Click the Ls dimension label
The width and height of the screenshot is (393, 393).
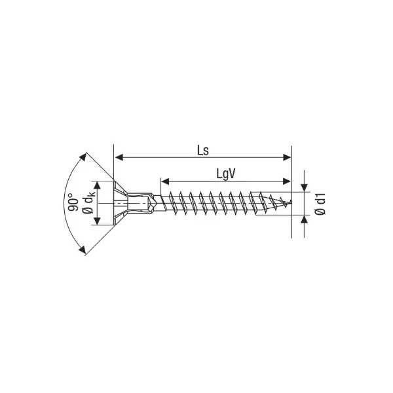[203, 151]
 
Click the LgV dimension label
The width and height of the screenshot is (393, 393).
[226, 174]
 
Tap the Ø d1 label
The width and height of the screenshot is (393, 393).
[320, 204]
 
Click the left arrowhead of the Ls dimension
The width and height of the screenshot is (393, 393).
[119, 157]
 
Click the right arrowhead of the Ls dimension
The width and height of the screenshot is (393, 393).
[287, 157]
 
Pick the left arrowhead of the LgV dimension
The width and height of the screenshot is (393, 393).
[165, 181]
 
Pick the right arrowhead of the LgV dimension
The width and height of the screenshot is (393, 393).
[287, 181]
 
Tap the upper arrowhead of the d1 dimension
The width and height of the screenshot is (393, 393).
[305, 188]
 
